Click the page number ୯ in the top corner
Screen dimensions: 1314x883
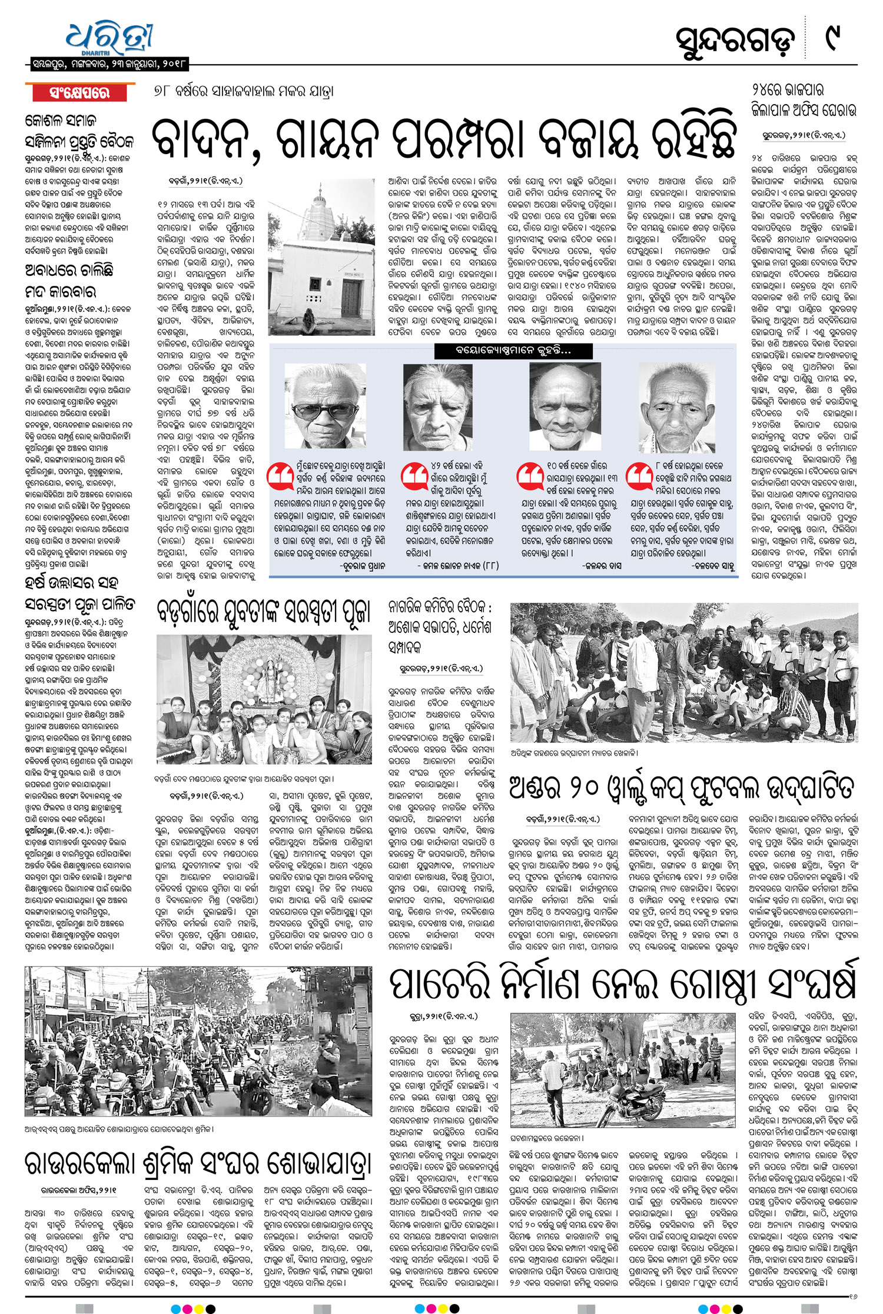click(x=833, y=39)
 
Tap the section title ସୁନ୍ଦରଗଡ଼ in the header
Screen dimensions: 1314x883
click(x=735, y=42)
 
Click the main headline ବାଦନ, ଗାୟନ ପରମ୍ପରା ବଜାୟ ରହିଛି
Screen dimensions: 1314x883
click(x=444, y=140)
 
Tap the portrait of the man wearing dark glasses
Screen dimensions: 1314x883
click(x=324, y=406)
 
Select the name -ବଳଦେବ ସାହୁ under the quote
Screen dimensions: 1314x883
click(x=713, y=566)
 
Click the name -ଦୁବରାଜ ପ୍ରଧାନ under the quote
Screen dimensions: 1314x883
click(x=362, y=566)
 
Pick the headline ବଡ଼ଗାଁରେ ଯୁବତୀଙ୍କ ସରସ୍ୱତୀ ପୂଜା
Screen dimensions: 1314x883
click(x=264, y=611)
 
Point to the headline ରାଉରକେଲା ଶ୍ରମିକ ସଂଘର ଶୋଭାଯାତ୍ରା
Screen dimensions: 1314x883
click(x=198, y=1162)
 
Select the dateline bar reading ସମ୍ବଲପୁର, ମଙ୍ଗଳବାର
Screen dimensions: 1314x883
click(x=109, y=63)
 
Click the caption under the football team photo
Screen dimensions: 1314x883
click(x=574, y=753)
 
